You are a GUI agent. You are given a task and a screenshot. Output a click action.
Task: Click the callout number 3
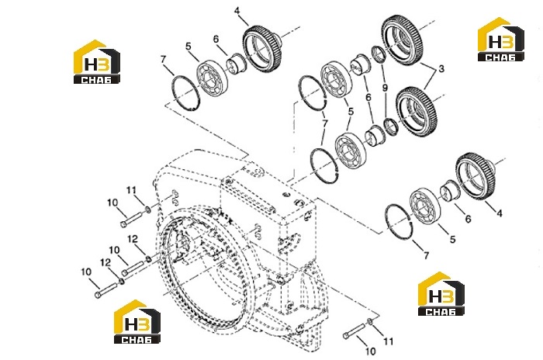(441, 69)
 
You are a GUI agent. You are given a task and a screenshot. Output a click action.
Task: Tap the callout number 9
(385, 88)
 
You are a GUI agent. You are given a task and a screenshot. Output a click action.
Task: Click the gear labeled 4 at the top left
(261, 47)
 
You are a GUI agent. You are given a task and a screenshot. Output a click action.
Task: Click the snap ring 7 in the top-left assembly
(186, 93)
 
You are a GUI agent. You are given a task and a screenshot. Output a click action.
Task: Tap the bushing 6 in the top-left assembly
(236, 64)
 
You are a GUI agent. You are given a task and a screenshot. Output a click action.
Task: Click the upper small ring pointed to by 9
(379, 54)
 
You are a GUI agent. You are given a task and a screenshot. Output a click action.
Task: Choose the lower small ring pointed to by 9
(391, 126)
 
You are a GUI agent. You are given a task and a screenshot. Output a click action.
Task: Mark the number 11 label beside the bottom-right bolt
(389, 341)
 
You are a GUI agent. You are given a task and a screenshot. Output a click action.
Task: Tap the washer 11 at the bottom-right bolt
(369, 321)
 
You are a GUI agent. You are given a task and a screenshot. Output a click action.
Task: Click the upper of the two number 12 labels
(133, 239)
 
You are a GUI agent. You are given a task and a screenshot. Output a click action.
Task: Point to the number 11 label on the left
(131, 190)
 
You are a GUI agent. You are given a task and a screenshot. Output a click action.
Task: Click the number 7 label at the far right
(427, 255)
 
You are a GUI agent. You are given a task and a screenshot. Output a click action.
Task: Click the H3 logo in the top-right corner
(501, 39)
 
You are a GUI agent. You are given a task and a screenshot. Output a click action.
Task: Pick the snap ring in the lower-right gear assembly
(399, 221)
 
